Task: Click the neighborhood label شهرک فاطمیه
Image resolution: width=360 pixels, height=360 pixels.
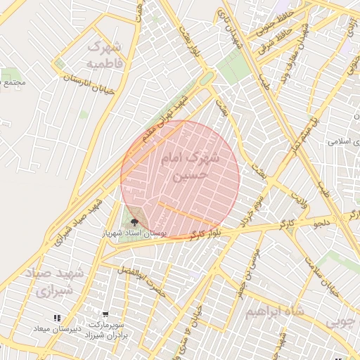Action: pyautogui.click(x=104, y=56)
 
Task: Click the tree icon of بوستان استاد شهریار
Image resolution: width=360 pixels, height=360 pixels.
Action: pyautogui.click(x=135, y=222)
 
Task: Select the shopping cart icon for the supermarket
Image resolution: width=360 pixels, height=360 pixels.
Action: pyautogui.click(x=105, y=315)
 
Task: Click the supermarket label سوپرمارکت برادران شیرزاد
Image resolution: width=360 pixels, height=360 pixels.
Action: pyautogui.click(x=105, y=329)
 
